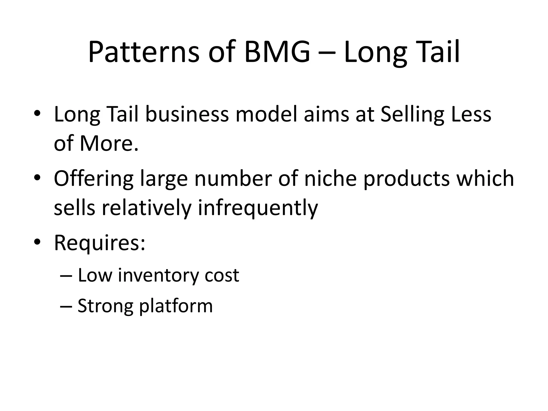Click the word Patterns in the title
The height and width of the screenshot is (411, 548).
pyautogui.click(x=144, y=52)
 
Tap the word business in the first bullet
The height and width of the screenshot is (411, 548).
pyautogui.click(x=187, y=115)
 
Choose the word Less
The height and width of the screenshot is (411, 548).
pyautogui.click(x=471, y=115)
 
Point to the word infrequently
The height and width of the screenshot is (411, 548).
pyautogui.click(x=258, y=208)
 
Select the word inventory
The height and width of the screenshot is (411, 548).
pyautogui.click(x=158, y=276)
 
